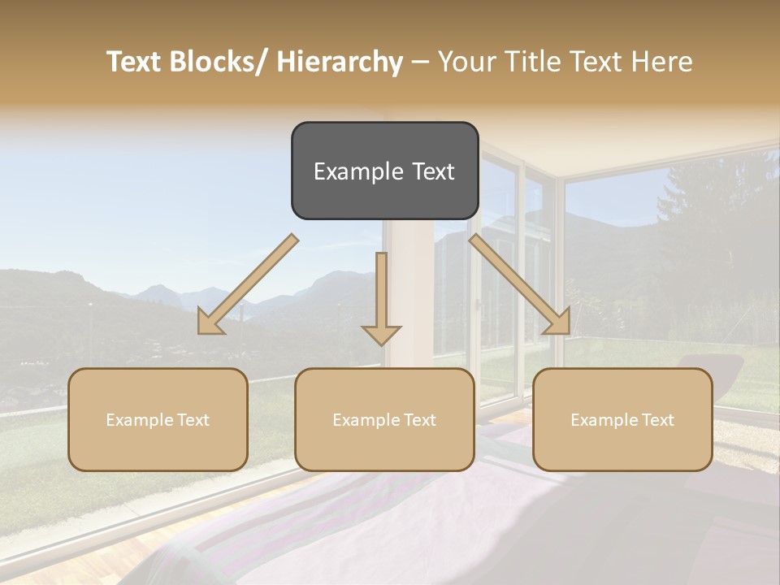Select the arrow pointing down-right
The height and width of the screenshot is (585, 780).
(520, 284)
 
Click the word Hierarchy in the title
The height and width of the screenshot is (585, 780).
(340, 62)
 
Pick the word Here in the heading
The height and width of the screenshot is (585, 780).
(661, 62)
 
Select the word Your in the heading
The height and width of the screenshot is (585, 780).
(464, 62)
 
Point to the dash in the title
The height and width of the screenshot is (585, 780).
(419, 63)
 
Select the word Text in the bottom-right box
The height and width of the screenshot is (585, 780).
(657, 420)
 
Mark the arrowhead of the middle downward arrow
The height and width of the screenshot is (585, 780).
(381, 334)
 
